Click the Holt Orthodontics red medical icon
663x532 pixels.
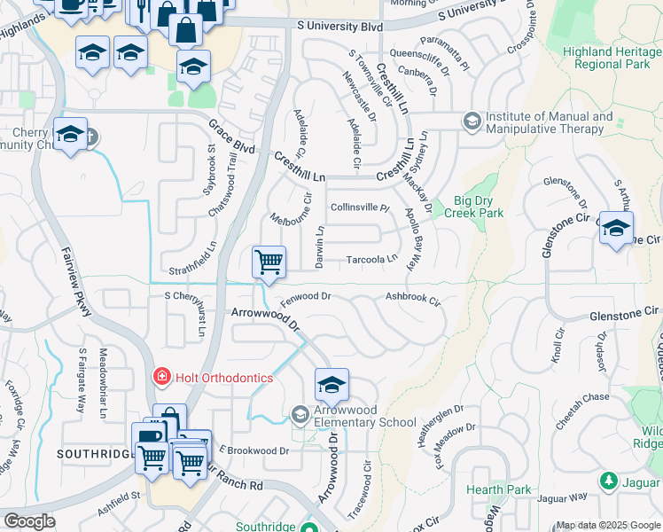pyautogui.click(x=160, y=377)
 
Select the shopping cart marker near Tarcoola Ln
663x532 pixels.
pyautogui.click(x=269, y=262)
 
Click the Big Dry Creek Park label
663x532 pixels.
pyautogui.click(x=479, y=207)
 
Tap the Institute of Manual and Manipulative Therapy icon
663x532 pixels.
pyautogui.click(x=472, y=121)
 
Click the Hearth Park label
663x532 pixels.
pyautogui.click(x=498, y=489)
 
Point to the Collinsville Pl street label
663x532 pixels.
pyautogui.click(x=360, y=207)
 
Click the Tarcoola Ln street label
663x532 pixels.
pyautogui.click(x=371, y=259)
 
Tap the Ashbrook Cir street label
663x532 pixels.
pyautogui.click(x=412, y=300)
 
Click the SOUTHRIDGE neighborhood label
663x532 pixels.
pyautogui.click(x=94, y=453)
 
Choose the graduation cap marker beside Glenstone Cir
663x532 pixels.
pyautogui.click(x=616, y=228)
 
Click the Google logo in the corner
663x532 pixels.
pyautogui.click(x=29, y=521)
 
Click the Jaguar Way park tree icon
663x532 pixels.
pyautogui.click(x=609, y=481)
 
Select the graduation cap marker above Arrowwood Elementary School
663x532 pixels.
pyautogui.click(x=331, y=385)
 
